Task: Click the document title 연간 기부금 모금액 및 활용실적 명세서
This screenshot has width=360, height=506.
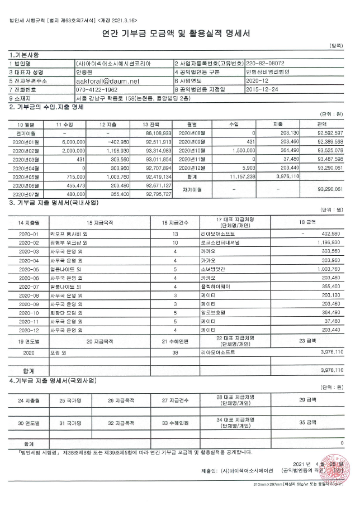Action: pyautogui.click(x=180, y=34)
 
